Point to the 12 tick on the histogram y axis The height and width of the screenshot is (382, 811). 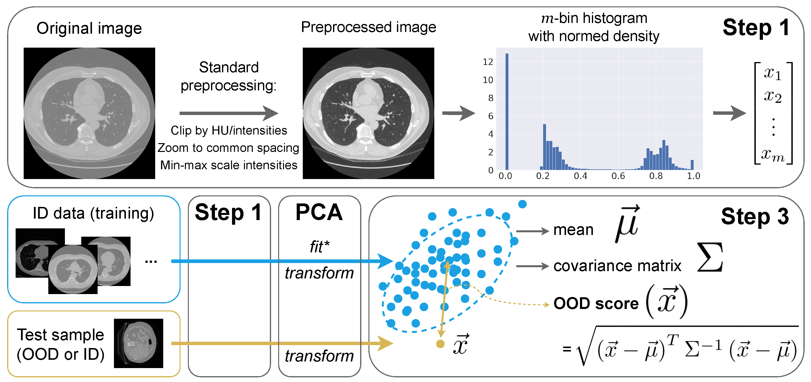tap(488, 62)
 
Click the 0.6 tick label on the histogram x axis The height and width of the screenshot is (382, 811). tap(618, 176)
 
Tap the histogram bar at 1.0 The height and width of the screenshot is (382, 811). tap(692, 165)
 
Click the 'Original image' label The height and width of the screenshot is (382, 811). tap(89, 28)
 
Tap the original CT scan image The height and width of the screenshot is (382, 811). tap(89, 113)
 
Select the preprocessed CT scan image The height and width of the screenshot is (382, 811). tap(368, 113)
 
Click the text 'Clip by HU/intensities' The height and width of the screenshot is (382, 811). tap(229, 130)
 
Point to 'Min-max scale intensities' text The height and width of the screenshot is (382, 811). tap(229, 165)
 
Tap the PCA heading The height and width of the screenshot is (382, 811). tap(319, 212)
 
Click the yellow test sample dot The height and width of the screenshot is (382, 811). tap(440, 344)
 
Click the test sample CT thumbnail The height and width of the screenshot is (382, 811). tap(139, 343)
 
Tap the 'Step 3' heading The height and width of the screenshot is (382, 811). tap(755, 217)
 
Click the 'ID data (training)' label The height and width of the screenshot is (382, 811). tap(93, 213)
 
